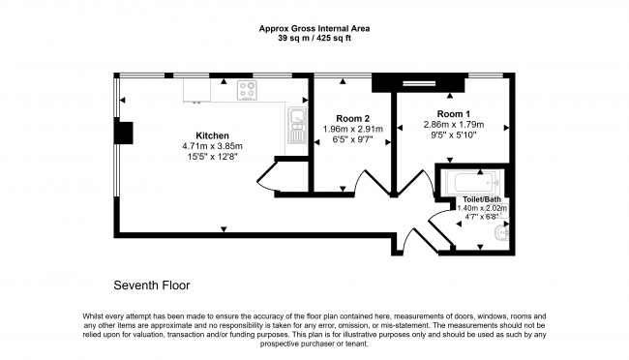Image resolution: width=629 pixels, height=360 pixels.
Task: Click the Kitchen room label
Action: coord(212,135)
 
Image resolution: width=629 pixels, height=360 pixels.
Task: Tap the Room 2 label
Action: coord(352,119)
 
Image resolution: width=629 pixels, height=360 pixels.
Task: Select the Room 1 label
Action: coord(453,114)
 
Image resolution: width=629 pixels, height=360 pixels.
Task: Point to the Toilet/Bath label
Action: coord(482,199)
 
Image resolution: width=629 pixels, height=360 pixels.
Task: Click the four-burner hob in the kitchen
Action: coord(247,90)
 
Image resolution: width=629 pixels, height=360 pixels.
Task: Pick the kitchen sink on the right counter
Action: coord(297,125)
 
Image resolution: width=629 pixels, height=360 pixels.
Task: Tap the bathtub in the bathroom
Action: coord(471,182)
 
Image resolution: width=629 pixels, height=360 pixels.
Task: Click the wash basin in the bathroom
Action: coord(501,232)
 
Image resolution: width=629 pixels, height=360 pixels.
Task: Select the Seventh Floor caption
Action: coord(152,285)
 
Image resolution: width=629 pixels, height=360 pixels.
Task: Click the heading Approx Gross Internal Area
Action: coord(314,28)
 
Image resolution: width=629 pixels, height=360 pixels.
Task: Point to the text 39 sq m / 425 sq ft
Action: coord(314,39)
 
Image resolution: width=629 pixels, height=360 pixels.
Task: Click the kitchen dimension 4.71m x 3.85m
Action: coord(212,146)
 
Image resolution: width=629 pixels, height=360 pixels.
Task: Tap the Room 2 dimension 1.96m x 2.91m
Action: coord(353,130)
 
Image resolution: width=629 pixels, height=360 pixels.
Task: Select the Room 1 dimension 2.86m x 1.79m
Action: coord(454,125)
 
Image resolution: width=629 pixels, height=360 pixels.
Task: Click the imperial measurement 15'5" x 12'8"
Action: coord(213,157)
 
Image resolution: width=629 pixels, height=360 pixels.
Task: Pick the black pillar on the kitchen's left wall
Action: coord(124,133)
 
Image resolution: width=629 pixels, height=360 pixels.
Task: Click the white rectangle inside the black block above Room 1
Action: coord(419,83)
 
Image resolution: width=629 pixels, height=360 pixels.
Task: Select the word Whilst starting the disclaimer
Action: coord(93,316)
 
